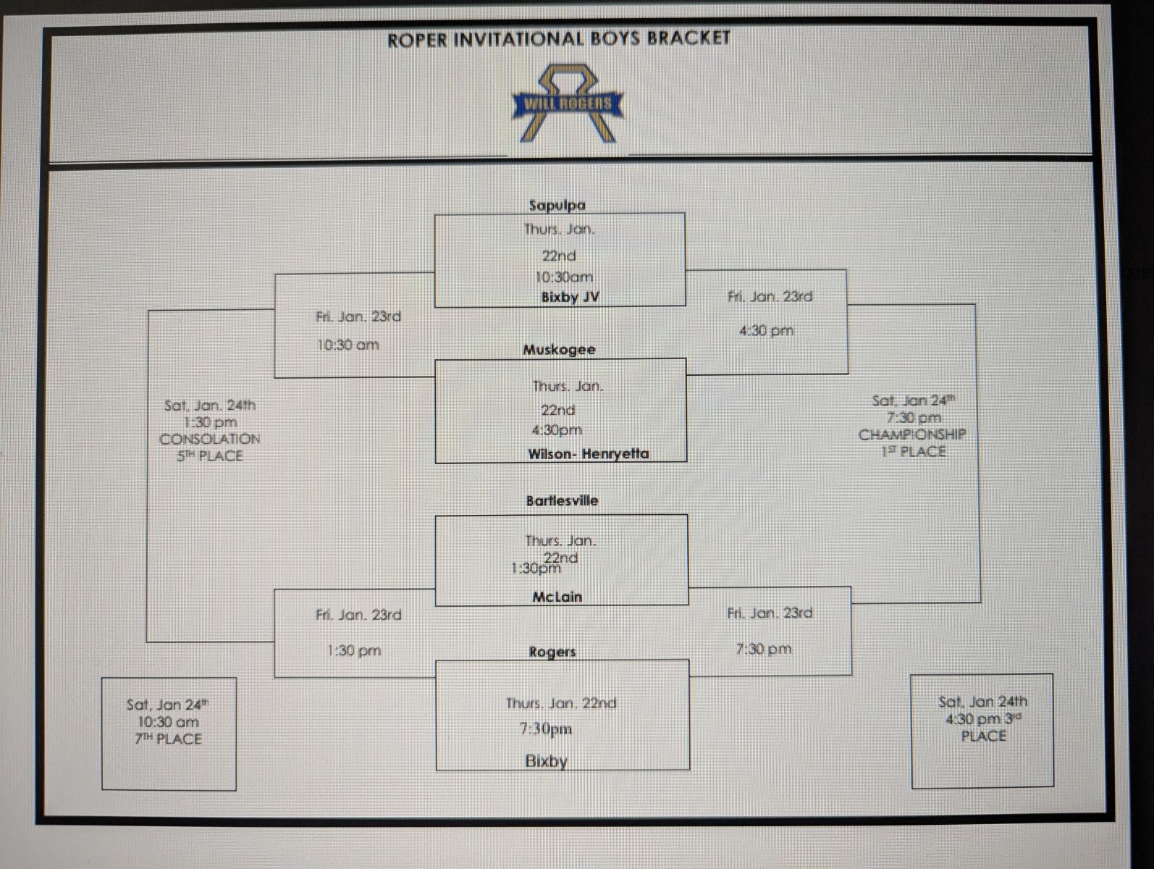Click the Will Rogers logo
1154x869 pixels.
click(x=565, y=104)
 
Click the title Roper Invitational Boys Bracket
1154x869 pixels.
click(x=558, y=39)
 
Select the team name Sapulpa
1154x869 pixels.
click(x=557, y=205)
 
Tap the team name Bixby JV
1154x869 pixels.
click(x=570, y=297)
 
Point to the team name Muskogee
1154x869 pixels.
click(x=559, y=350)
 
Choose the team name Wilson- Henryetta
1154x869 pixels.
click(x=588, y=454)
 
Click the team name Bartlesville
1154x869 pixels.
click(x=562, y=500)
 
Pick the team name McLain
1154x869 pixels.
click(x=557, y=597)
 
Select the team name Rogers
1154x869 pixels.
click(x=552, y=652)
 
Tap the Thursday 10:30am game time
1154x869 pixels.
click(x=563, y=277)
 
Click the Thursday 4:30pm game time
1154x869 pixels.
click(x=556, y=430)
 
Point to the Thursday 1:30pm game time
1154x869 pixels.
click(x=536, y=568)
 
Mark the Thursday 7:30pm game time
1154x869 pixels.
click(x=545, y=729)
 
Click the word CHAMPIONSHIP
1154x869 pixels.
click(x=911, y=434)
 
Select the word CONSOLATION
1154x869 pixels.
click(x=209, y=439)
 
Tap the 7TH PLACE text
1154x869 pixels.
click(x=168, y=739)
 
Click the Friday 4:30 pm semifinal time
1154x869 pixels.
click(x=766, y=331)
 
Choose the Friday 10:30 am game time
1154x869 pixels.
click(x=348, y=345)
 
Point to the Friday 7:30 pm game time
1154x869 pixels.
click(x=763, y=649)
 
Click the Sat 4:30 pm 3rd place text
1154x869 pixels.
click(x=982, y=719)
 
